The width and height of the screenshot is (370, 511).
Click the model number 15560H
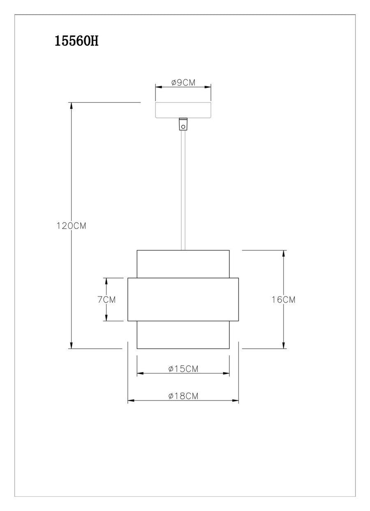[76, 41]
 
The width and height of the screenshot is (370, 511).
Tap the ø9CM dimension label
[183, 83]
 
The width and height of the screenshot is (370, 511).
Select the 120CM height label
[71, 226]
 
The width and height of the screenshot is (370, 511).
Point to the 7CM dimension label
[106, 299]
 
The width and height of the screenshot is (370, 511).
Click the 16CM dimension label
[283, 299]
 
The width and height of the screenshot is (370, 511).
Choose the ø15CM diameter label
[183, 369]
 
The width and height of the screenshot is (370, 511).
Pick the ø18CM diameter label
[183, 396]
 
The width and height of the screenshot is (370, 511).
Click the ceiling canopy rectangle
[183, 110]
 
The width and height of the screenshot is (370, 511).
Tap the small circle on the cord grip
[183, 127]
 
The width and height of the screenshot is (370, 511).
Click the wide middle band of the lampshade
[183, 299]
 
